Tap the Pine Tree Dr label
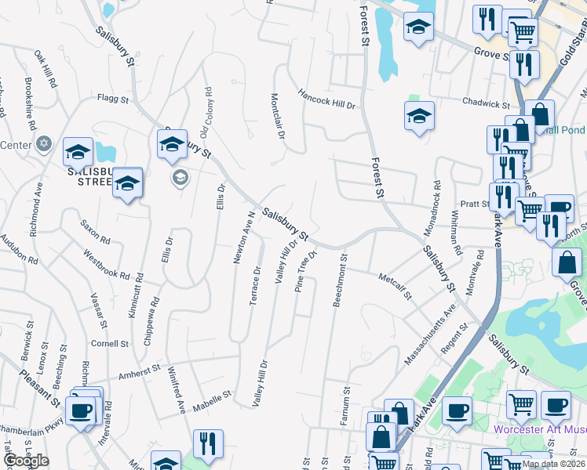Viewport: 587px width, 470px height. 305,272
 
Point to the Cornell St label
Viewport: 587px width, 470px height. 109,344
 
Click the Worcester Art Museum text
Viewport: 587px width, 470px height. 540,429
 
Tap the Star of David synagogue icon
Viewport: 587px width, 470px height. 44,144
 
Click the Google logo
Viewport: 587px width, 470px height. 25,461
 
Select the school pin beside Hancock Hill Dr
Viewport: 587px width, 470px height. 420,117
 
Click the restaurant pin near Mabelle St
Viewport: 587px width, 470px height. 208,443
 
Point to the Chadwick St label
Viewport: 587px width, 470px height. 486,103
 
